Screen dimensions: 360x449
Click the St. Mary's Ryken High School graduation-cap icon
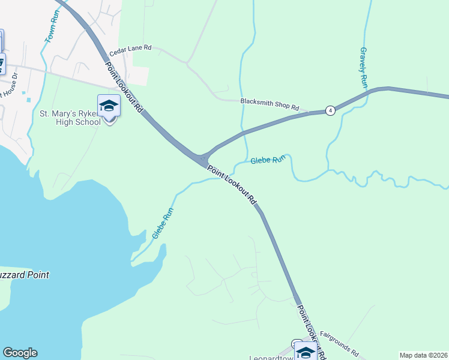point(109,106)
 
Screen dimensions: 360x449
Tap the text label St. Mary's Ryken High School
point(70,118)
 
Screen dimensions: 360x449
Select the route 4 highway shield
point(330,110)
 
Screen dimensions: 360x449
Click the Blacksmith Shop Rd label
point(270,104)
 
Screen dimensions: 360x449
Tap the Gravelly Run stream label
point(363,68)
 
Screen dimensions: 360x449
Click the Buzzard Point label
point(24,275)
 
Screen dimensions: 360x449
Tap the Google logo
point(20,353)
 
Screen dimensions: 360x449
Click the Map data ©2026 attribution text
point(423,355)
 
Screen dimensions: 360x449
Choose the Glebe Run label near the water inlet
point(163,223)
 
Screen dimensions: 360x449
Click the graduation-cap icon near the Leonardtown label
point(306,352)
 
